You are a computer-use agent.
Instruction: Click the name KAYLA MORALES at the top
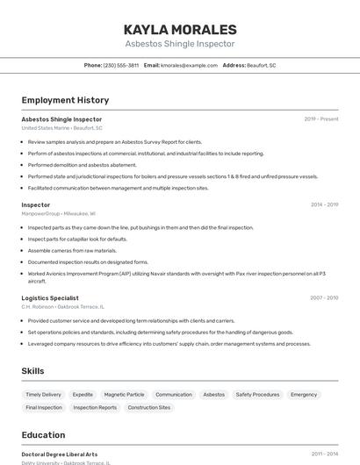coord(180,29)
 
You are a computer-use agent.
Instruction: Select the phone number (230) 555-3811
coord(121,65)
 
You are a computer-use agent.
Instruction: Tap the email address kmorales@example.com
coord(189,65)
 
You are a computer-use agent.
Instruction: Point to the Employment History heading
coord(65,100)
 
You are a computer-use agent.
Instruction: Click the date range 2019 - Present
coord(321,119)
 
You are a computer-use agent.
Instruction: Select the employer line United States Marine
coord(61,128)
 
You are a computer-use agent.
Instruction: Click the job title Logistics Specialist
coord(56,298)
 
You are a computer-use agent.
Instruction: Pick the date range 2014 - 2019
coord(324,204)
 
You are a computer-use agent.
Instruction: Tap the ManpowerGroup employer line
coord(59,213)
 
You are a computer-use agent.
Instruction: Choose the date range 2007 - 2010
coord(324,298)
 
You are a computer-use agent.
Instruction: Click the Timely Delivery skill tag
coord(44,395)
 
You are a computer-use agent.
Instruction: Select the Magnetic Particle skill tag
coord(124,395)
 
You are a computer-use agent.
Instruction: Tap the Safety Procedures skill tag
coord(257,395)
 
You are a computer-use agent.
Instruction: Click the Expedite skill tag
coord(83,395)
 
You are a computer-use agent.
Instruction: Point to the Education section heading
coord(43,435)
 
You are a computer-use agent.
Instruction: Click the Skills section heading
coord(32,371)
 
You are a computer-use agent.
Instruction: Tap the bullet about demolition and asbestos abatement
coord(83,165)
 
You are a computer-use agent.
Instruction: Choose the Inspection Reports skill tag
coord(95,408)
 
